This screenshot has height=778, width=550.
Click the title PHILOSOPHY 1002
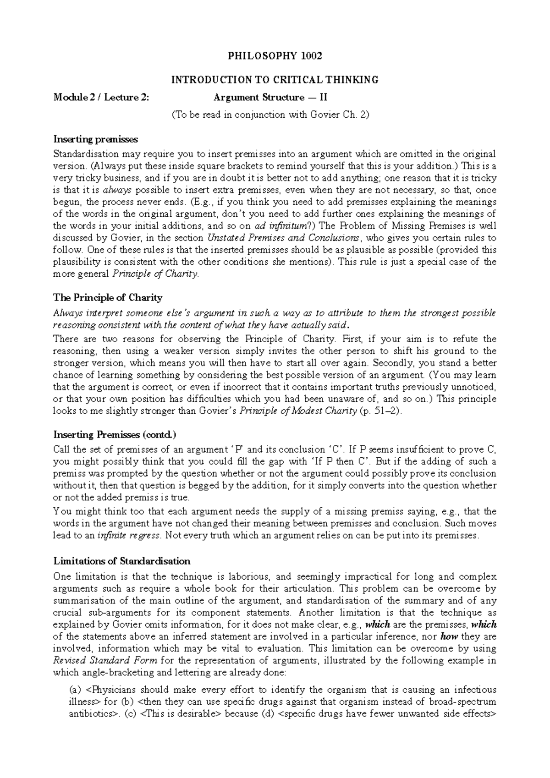pyautogui.click(x=275, y=56)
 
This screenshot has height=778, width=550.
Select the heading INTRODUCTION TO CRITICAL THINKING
pyautogui.click(x=275, y=80)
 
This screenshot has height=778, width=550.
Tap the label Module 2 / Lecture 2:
pyautogui.click(x=101, y=97)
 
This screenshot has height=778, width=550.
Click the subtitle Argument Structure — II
pyautogui.click(x=270, y=97)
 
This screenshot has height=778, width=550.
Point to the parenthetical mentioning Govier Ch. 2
pyautogui.click(x=270, y=115)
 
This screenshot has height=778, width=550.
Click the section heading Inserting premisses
pyautogui.click(x=95, y=139)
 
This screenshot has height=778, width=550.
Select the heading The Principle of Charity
pyautogui.click(x=108, y=298)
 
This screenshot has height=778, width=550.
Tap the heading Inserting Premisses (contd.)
pyautogui.click(x=115, y=434)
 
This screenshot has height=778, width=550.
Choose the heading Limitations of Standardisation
pyautogui.click(x=122, y=561)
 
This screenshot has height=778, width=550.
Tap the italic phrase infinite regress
pyautogui.click(x=129, y=536)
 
